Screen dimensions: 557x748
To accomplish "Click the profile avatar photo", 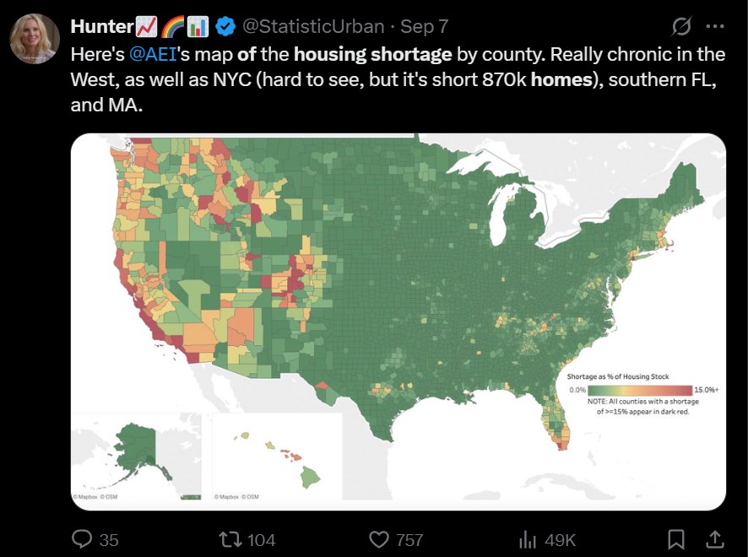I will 35,39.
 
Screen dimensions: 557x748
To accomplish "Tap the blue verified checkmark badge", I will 225,27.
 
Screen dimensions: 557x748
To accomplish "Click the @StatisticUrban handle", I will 313,27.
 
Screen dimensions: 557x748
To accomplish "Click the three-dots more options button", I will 713,27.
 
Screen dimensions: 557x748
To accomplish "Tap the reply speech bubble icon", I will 82,538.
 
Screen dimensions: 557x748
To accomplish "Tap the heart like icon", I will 379,538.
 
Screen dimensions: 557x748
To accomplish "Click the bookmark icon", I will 676,538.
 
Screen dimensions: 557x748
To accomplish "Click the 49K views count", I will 559,539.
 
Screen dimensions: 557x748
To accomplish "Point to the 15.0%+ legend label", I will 705,390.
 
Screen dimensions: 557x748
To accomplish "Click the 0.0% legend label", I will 577,390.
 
